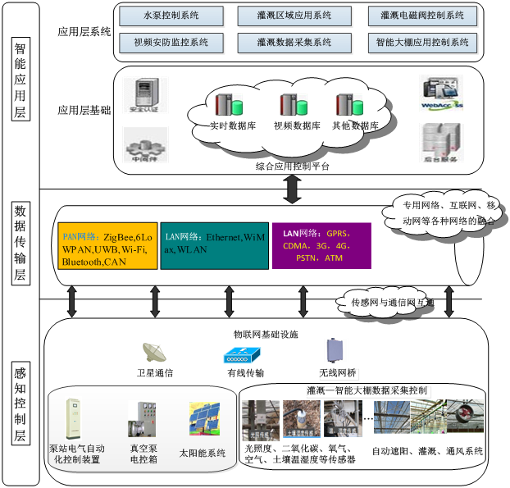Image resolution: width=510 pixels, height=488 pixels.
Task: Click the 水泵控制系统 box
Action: [171, 16]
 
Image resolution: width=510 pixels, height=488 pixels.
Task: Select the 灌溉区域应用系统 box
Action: [285, 16]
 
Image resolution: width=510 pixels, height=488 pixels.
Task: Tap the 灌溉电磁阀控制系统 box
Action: [422, 16]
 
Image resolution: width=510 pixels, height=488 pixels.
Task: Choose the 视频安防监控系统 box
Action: [171, 41]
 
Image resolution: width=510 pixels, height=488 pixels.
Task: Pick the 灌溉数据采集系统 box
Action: [285, 41]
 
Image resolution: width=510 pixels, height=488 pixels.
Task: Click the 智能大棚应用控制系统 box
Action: [422, 41]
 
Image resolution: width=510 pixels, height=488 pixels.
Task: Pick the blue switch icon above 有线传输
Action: [243, 355]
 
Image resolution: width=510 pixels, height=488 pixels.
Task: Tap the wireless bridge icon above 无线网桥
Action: [333, 351]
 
